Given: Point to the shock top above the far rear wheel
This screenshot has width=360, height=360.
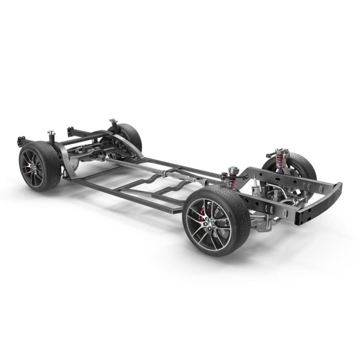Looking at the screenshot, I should [x=113, y=124].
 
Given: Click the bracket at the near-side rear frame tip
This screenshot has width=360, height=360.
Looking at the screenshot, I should [x=21, y=140].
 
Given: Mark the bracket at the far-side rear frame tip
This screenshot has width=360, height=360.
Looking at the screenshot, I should [x=71, y=132].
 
